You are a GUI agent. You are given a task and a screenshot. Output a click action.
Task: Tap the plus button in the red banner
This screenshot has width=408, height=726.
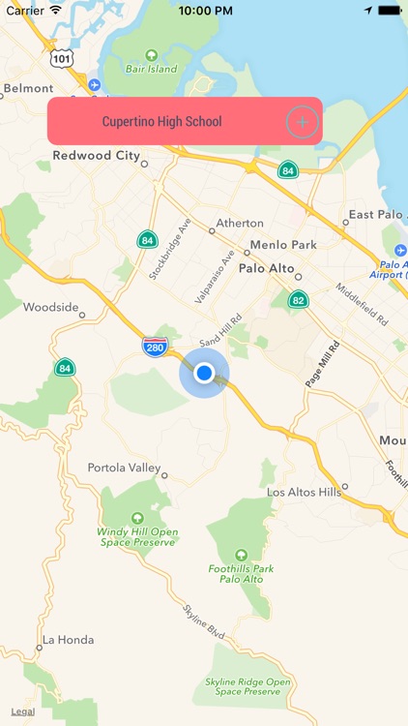click(302, 122)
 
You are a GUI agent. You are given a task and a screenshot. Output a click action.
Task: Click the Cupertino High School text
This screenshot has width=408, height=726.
click(161, 122)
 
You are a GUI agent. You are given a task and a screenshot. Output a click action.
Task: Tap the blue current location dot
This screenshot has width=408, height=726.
click(204, 374)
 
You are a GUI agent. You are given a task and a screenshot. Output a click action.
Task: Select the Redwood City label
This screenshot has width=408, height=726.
click(96, 155)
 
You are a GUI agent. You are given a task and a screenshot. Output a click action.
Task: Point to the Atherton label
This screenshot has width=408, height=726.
click(239, 223)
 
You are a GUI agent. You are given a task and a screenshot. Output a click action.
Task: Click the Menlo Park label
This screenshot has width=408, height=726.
click(283, 245)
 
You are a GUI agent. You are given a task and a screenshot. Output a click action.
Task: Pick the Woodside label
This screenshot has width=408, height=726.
click(50, 307)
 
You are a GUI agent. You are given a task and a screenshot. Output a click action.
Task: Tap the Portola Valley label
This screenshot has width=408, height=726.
click(122, 468)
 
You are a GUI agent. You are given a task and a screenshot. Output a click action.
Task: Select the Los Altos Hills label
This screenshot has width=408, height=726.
click(305, 493)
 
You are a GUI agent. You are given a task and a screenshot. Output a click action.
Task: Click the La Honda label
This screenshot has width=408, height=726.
click(64, 640)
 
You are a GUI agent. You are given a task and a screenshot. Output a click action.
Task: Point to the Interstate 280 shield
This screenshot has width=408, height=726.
click(154, 345)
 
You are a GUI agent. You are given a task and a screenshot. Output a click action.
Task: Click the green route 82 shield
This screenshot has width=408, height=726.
click(298, 299)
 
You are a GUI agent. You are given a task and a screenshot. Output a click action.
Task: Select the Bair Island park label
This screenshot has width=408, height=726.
click(151, 69)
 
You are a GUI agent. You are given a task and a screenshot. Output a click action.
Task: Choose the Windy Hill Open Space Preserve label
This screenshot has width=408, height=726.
click(137, 536)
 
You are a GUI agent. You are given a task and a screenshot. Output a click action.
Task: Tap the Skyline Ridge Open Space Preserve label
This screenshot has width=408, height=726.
click(248, 686)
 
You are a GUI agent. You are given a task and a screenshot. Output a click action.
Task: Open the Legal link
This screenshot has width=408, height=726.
click(22, 711)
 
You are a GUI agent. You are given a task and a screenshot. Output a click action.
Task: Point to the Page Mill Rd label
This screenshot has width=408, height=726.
click(323, 364)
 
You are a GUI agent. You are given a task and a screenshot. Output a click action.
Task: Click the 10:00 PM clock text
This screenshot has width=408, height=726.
click(204, 10)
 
